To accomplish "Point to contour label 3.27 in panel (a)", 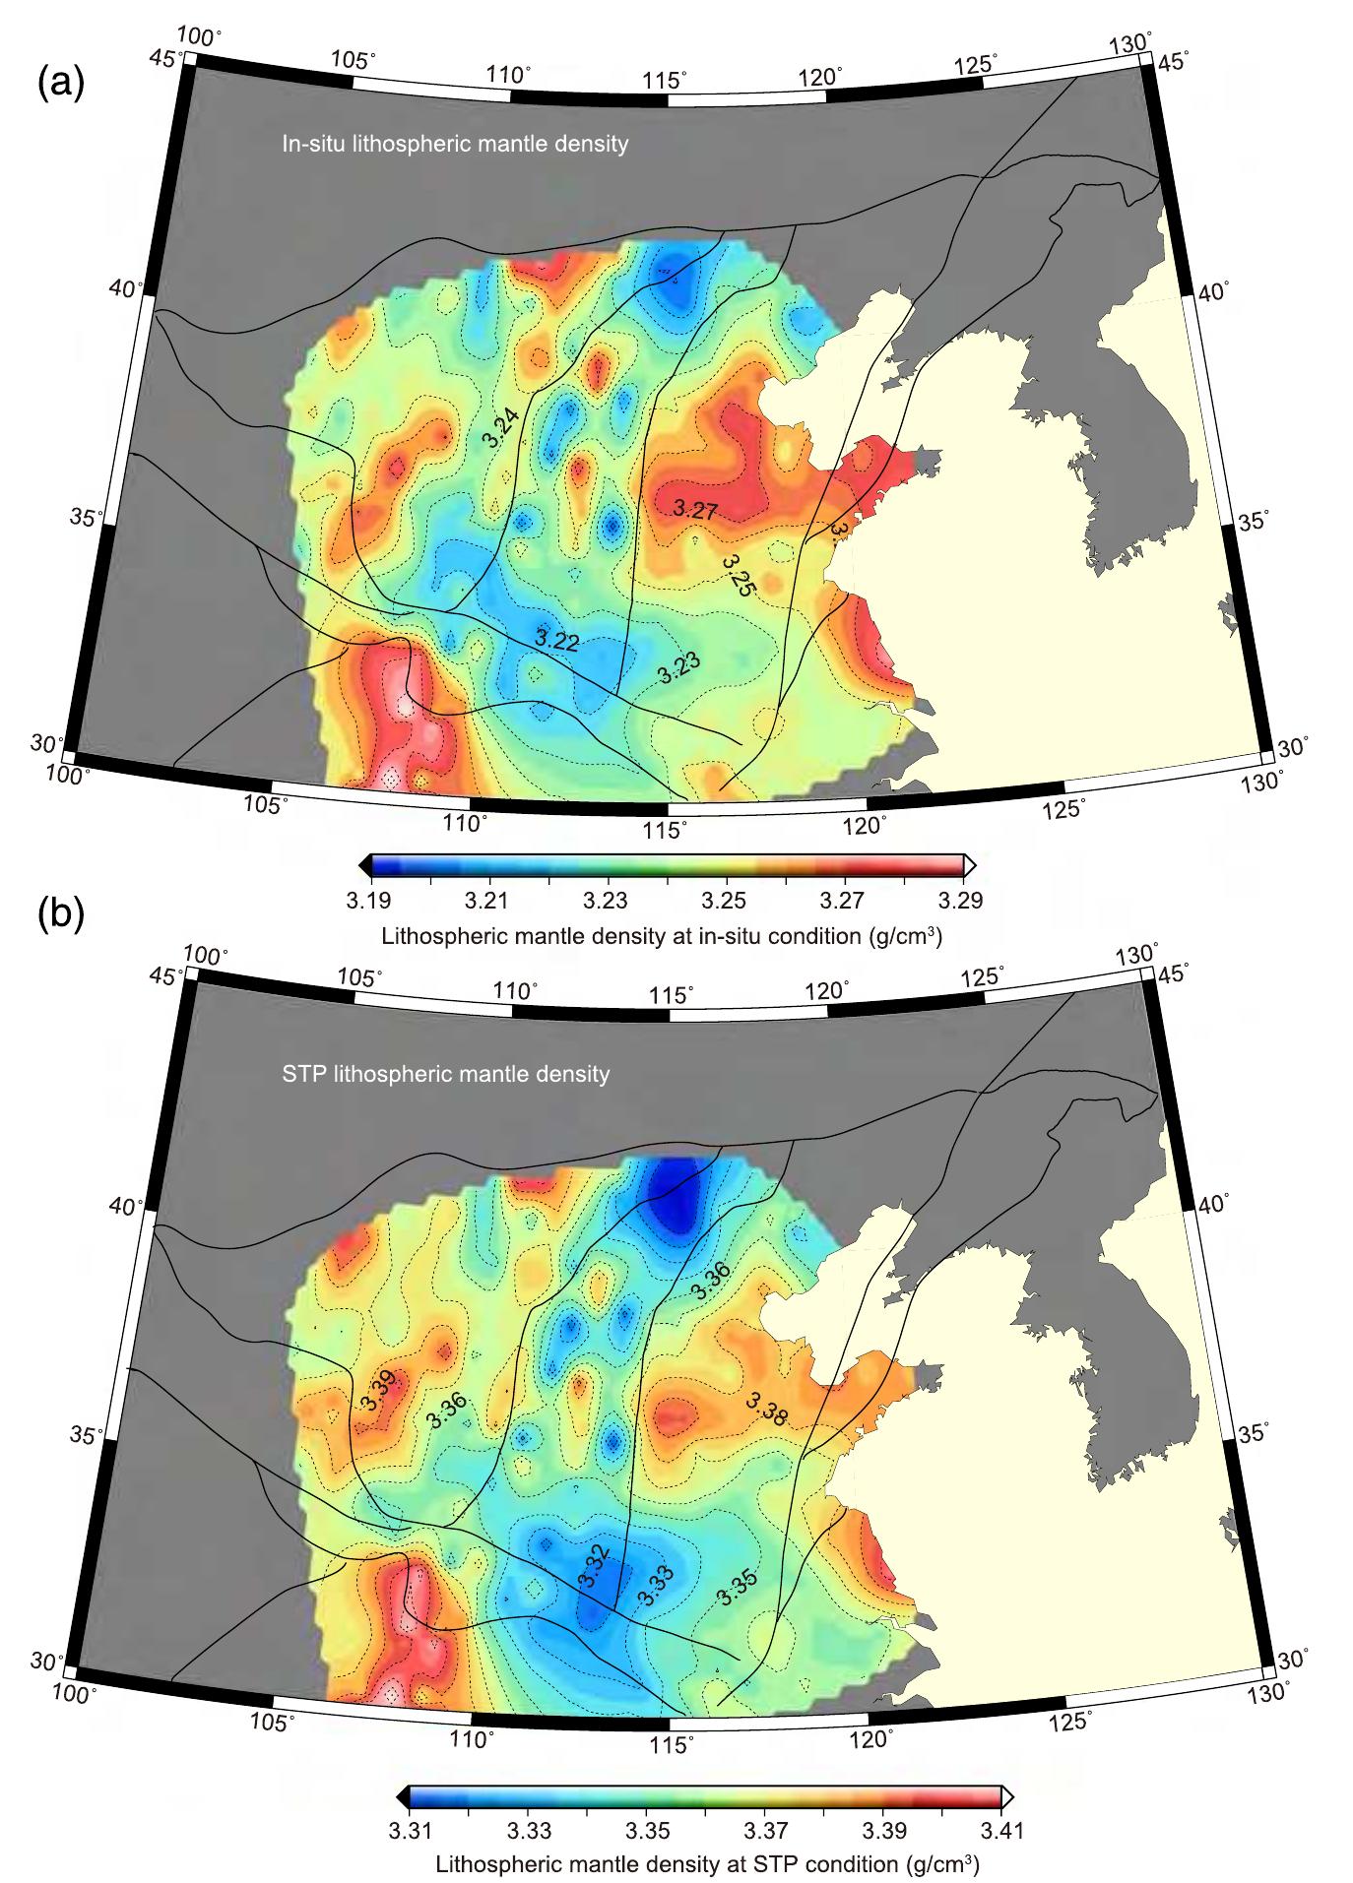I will [x=695, y=509].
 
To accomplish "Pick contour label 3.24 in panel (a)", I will [x=502, y=428].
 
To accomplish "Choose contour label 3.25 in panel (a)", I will [x=739, y=576].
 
